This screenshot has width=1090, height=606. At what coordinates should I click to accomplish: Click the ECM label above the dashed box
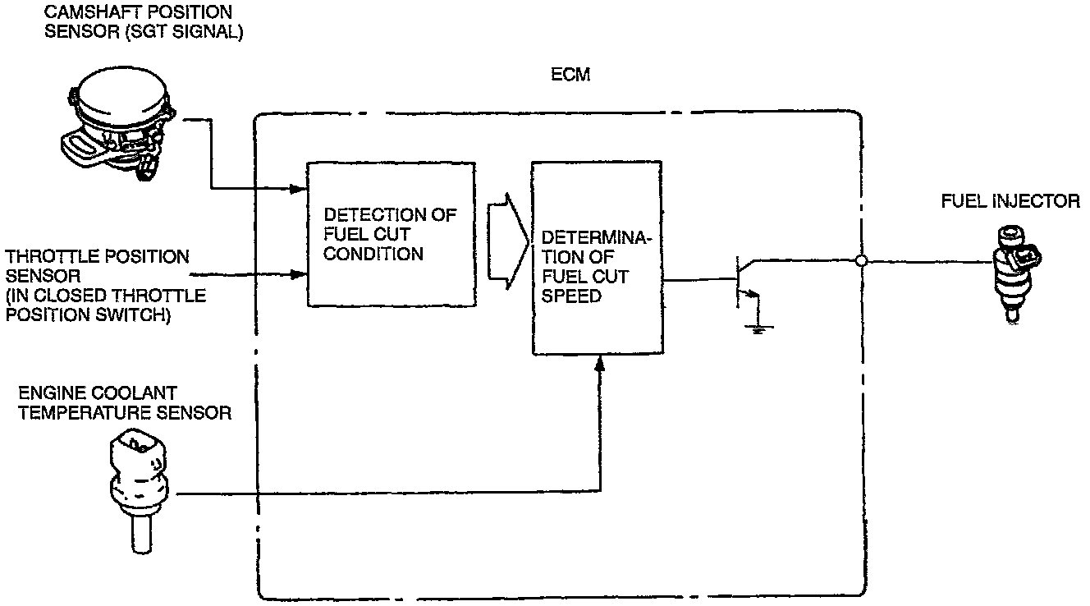(570, 76)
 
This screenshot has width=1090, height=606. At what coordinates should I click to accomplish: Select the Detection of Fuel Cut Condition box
(391, 234)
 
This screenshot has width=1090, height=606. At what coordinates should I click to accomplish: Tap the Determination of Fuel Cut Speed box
(597, 258)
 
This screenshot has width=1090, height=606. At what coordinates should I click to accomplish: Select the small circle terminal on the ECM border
(861, 262)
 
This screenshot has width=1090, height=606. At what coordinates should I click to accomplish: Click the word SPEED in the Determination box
(572, 296)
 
